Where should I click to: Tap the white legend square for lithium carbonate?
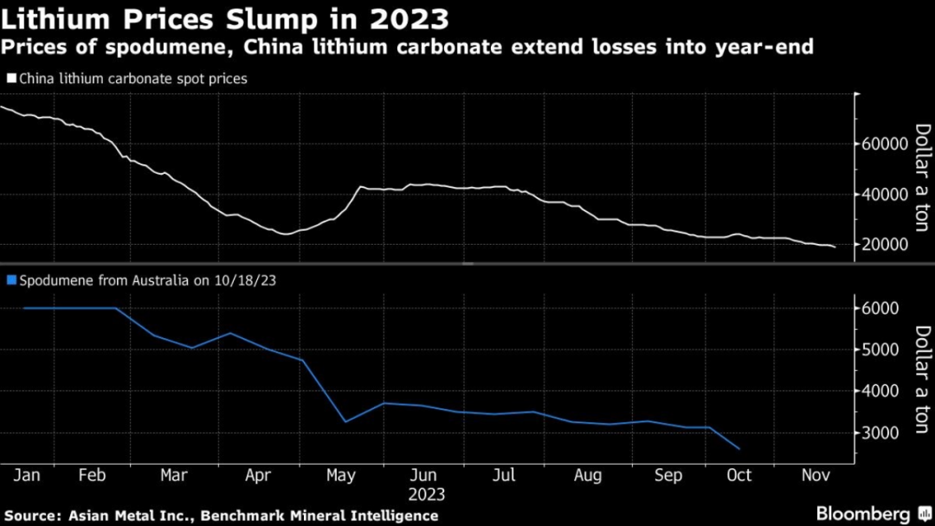click(11, 79)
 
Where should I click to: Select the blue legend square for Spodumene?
click(11, 280)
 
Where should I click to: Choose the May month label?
click(341, 476)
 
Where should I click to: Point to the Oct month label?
click(738, 476)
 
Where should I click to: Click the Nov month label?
click(815, 476)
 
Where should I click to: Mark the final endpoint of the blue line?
click(738, 449)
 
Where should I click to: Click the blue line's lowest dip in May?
click(345, 422)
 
